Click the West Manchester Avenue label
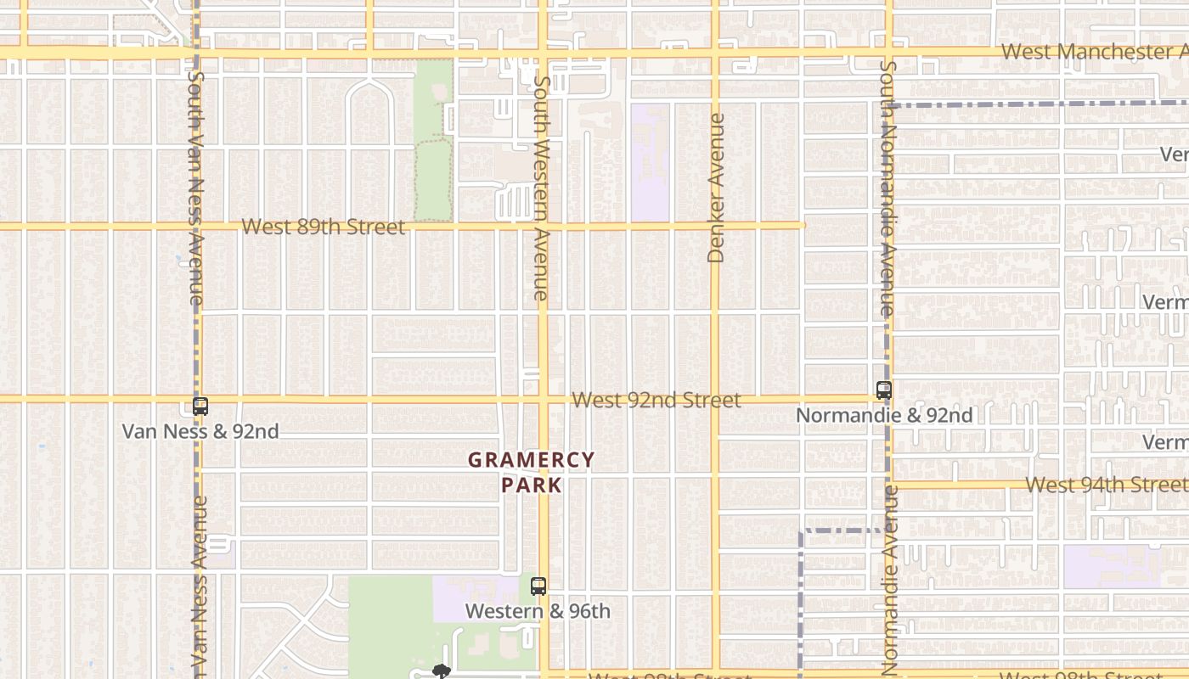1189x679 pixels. coord(1094,51)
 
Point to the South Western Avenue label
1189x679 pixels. coord(541,188)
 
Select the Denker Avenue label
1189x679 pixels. coord(716,188)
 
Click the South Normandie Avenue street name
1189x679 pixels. coord(888,188)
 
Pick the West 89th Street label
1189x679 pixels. coord(323,227)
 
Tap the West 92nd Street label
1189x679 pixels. coord(656,400)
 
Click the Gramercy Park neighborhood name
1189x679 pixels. coord(532,472)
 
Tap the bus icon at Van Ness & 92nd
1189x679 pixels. coord(200,407)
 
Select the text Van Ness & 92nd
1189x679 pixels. coord(200,431)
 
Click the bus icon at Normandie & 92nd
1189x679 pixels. coord(884,390)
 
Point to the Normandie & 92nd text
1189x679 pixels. coord(884,415)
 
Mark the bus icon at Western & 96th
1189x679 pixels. coord(538,586)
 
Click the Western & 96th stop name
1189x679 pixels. coord(538,611)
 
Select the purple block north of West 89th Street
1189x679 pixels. coord(650,161)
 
